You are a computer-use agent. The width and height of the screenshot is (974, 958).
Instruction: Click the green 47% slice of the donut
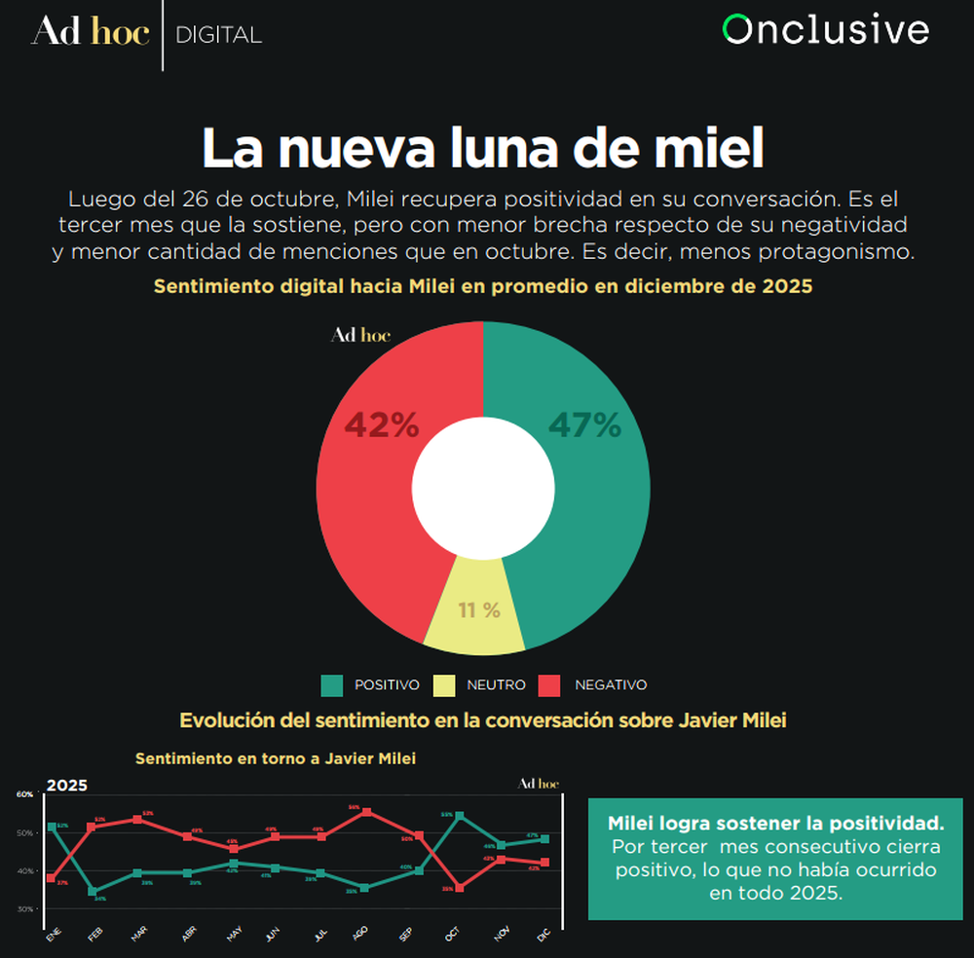coord(584,487)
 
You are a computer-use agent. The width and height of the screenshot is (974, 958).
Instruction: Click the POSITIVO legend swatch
coord(332,685)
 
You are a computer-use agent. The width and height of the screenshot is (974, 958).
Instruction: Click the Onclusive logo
coord(826,30)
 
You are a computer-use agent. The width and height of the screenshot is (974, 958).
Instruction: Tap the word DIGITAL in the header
coord(218,35)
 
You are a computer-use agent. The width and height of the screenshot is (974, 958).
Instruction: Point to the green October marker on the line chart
coord(459,816)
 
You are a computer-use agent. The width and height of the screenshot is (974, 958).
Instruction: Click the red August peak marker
coord(365,812)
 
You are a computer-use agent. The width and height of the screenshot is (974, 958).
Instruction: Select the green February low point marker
coord(93,891)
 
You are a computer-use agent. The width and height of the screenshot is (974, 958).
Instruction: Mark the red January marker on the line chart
coord(51,878)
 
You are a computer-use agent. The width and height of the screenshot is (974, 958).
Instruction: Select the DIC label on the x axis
coord(543,936)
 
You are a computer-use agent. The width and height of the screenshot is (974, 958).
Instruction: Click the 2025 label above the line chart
coord(67,786)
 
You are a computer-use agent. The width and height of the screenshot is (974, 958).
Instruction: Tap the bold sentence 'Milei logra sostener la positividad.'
coord(775,823)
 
